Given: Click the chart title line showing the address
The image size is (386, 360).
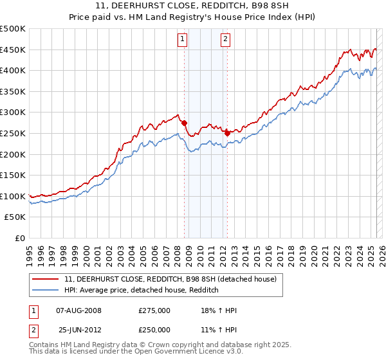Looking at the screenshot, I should [x=193, y=6].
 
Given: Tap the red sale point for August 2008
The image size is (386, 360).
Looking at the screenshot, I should [x=184, y=123].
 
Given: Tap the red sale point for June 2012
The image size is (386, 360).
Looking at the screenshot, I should [x=227, y=133].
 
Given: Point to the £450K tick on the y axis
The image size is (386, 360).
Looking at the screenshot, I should [x=13, y=50].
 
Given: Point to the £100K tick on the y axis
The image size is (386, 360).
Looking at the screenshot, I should [x=13, y=196].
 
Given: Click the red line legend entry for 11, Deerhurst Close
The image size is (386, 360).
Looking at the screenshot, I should [x=170, y=279].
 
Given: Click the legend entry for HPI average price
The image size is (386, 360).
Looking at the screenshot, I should [x=142, y=291].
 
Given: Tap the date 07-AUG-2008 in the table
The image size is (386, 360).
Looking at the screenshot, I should [x=79, y=310].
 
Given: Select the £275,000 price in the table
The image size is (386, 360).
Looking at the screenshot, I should [x=154, y=310].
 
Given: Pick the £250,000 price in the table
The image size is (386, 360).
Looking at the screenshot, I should [x=154, y=330].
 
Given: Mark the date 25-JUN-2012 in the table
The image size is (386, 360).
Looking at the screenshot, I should [x=79, y=330].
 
